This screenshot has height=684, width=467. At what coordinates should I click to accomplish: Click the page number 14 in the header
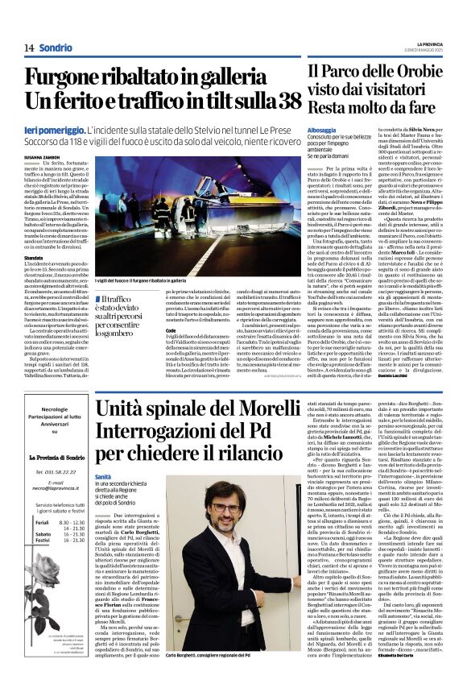(x=29, y=48)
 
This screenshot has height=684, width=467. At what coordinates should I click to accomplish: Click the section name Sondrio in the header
(x=56, y=48)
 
